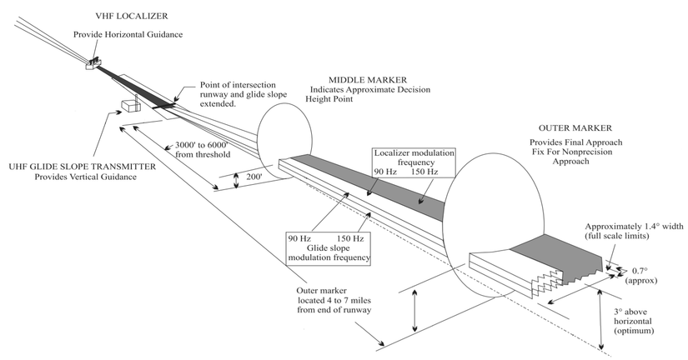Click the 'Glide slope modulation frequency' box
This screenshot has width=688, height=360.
327,247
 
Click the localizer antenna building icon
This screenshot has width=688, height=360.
93,62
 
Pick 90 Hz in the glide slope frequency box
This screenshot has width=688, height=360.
300,237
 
